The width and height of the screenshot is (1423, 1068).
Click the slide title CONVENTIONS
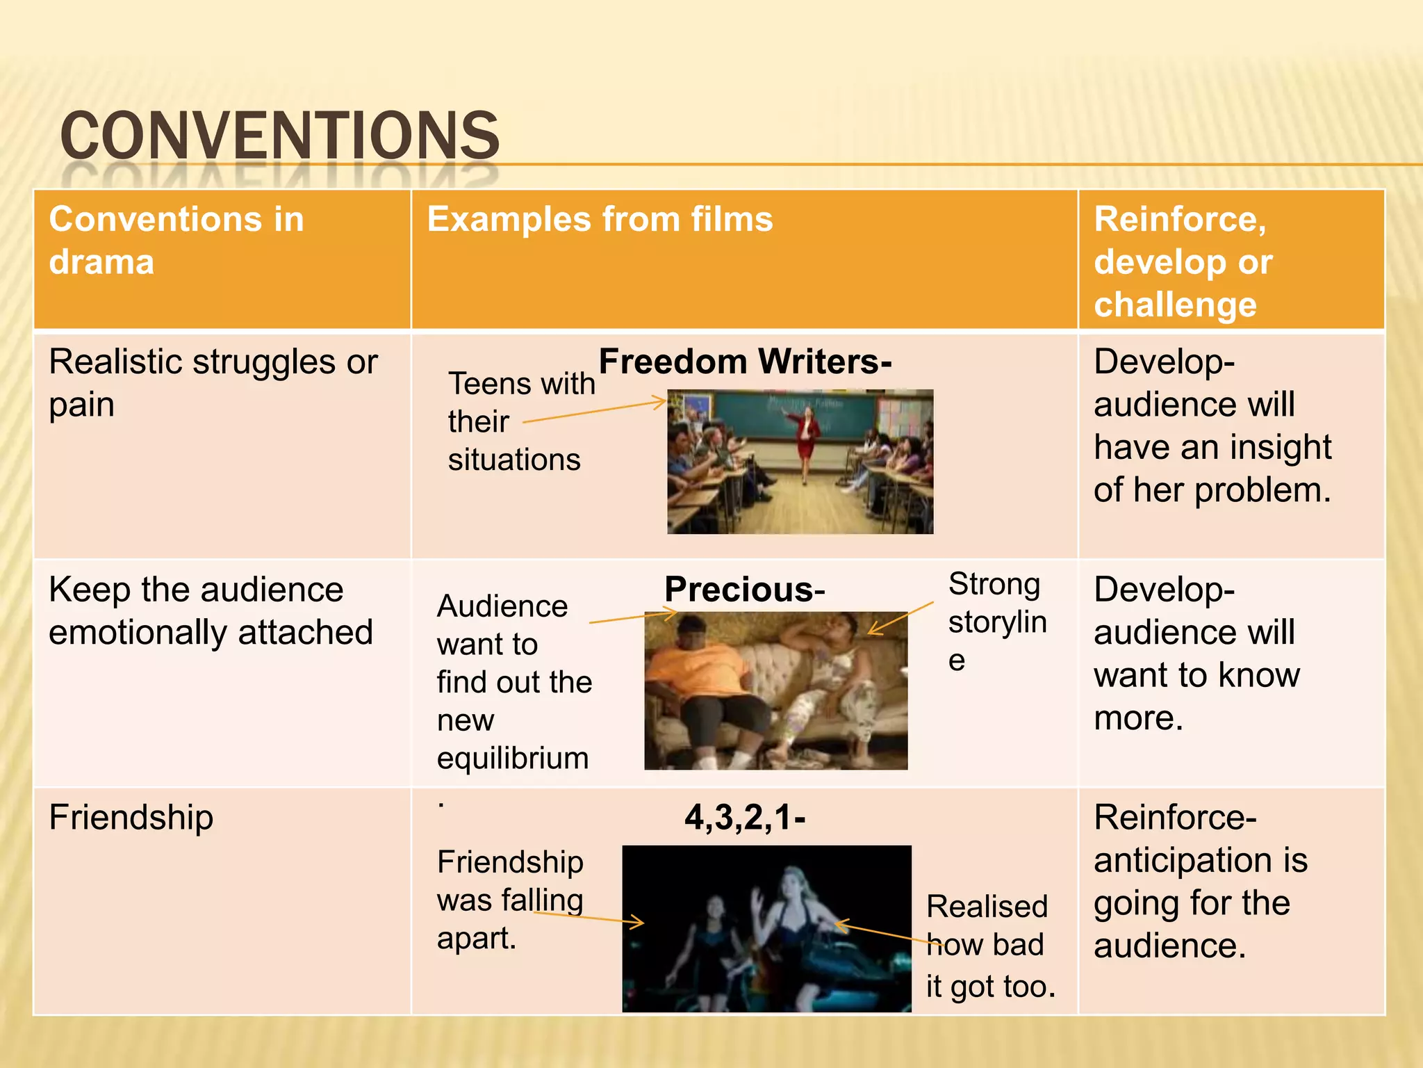[x=279, y=135]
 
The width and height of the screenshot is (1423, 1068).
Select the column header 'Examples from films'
[x=599, y=219]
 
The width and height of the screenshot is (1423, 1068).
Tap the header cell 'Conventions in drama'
[x=176, y=240]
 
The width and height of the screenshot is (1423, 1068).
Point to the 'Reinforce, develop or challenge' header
[x=1183, y=261]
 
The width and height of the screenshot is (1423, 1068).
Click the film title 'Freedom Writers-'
[x=745, y=362]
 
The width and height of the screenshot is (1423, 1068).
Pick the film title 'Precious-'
[x=744, y=590]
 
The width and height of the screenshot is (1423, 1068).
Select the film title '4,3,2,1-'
[x=745, y=817]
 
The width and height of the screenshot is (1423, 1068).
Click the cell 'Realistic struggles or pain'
[x=213, y=382]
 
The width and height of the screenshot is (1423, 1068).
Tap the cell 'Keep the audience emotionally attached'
[x=211, y=610]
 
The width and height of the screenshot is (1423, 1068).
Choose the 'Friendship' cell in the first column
[x=131, y=817]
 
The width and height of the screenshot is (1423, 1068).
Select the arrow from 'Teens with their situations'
[x=595, y=412]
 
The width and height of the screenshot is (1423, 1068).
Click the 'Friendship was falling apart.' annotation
[x=510, y=900]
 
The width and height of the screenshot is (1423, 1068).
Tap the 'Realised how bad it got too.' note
[x=990, y=946]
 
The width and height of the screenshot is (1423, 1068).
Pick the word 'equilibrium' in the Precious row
[x=513, y=758]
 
